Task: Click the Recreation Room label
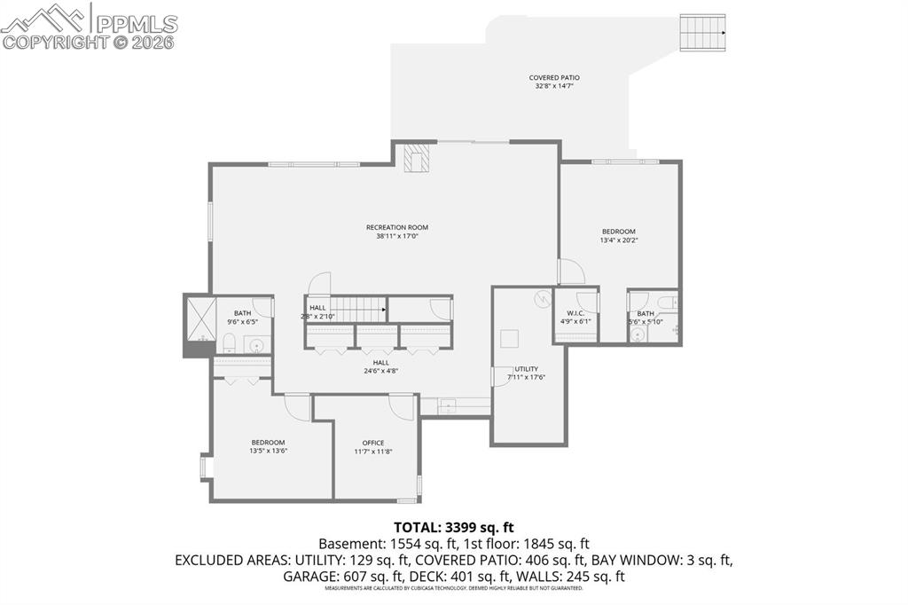(x=397, y=227)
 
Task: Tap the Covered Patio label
(x=554, y=78)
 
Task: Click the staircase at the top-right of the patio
(x=702, y=33)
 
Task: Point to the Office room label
(x=373, y=443)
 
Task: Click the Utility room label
(x=526, y=369)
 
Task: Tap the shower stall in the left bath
(x=200, y=318)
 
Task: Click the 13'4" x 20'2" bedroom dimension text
(x=618, y=240)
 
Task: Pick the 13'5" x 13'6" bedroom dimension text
(x=268, y=451)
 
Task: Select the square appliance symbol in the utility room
(x=509, y=338)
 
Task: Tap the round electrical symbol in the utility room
(x=542, y=299)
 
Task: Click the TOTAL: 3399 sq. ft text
(x=453, y=526)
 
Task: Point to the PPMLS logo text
(x=135, y=22)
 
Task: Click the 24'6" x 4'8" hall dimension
(x=380, y=371)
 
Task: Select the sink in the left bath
(x=257, y=345)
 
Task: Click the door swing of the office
(x=403, y=407)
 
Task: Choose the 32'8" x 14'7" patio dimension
(x=554, y=87)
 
